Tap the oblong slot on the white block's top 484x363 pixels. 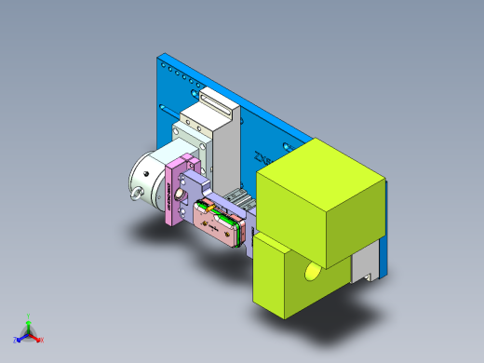[215, 99]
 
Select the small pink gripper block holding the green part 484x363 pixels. [216, 228]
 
